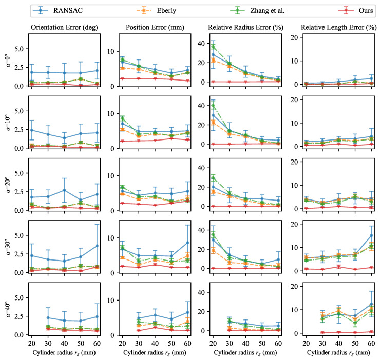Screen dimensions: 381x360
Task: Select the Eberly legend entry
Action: pos(156,10)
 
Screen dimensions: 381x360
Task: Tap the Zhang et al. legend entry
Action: pos(257,10)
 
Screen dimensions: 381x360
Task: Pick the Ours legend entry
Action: pos(356,10)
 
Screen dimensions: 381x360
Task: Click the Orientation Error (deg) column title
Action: pos(64,27)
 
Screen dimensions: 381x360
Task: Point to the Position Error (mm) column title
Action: pos(155,27)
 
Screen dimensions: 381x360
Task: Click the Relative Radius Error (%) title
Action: pos(245,27)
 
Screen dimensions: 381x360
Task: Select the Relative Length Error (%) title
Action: pos(339,27)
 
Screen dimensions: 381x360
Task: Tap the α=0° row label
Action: pos(9,60)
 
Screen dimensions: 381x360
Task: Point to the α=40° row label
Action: pos(9,309)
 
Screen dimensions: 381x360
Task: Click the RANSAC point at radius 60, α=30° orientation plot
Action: pos(97,246)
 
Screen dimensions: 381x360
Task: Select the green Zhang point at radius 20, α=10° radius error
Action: pos(213,106)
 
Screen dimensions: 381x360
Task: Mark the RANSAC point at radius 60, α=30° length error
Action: pos(371,235)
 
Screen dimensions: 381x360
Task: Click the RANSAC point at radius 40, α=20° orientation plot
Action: pos(64,190)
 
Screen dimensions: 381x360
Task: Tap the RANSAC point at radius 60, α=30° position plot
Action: pos(187,243)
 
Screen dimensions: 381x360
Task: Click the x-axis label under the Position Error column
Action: pos(155,353)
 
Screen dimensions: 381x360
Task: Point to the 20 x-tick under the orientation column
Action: pos(32,343)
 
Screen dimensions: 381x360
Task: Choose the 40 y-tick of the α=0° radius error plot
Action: pos(201,44)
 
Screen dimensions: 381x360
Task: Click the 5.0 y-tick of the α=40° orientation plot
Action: pos(19,297)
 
